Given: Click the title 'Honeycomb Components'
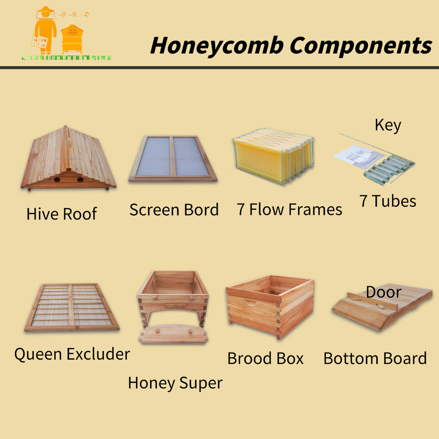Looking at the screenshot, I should click(x=291, y=45).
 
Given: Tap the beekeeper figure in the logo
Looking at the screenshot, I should click(x=45, y=29).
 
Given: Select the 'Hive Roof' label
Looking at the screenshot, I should click(x=61, y=214).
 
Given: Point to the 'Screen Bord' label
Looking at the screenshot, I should click(x=174, y=210).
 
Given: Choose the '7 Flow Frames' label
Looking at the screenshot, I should click(x=289, y=209).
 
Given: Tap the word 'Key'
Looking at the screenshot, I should click(x=388, y=126).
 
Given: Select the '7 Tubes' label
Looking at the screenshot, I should click(x=388, y=201).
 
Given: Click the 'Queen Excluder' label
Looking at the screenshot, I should click(x=72, y=354).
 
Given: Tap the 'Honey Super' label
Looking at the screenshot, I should click(x=175, y=383).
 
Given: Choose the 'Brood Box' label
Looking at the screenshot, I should click(x=265, y=359).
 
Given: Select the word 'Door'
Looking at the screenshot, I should click(x=383, y=292).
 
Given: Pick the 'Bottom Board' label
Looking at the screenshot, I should click(x=375, y=358).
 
